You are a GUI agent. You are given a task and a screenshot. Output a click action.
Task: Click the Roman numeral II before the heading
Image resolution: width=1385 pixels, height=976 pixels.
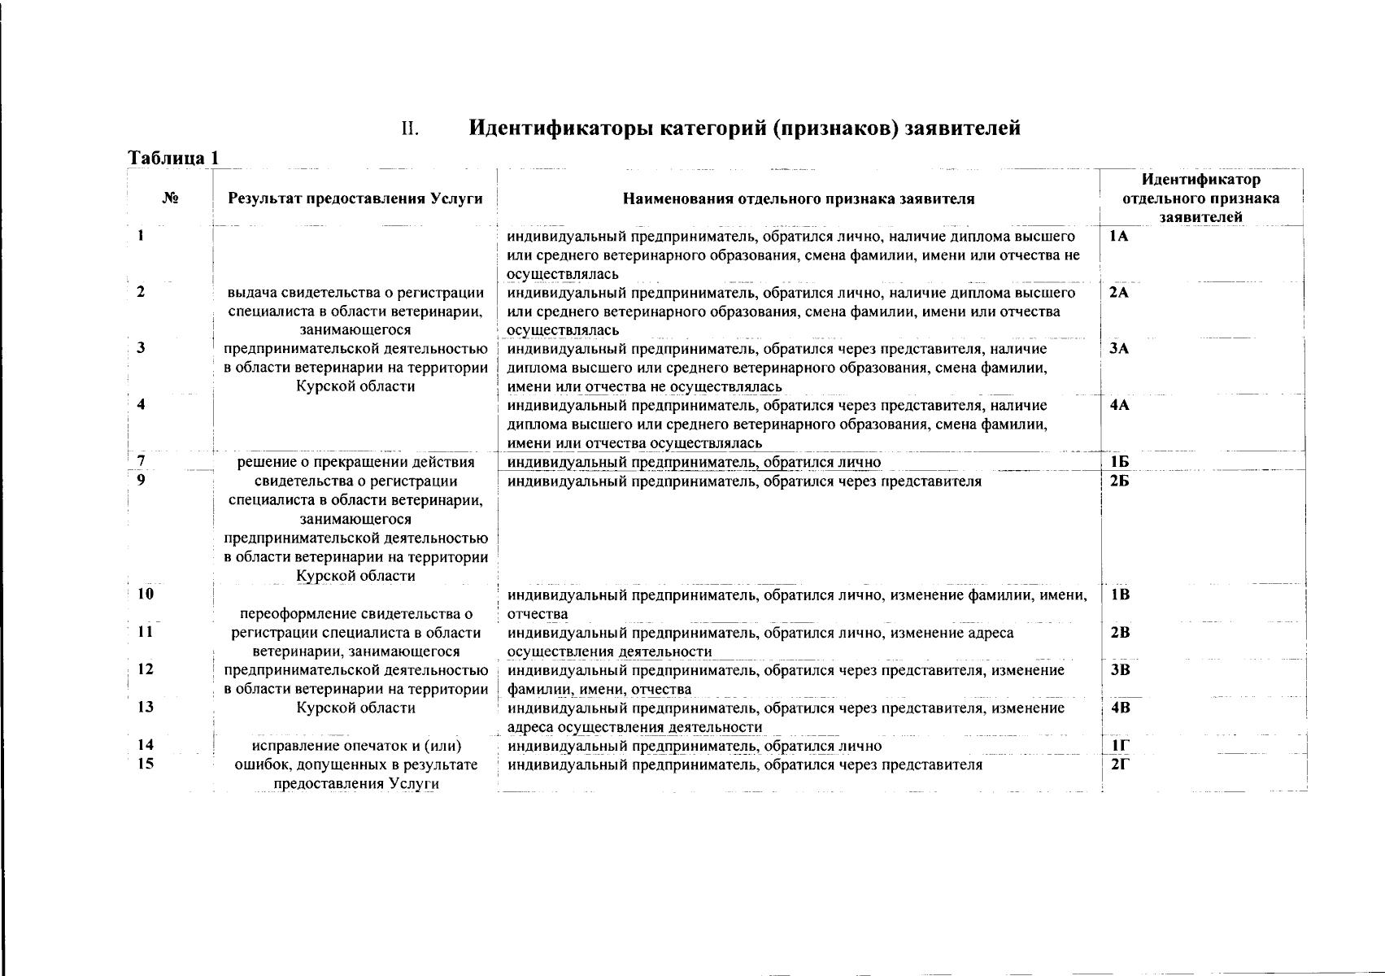point(410,129)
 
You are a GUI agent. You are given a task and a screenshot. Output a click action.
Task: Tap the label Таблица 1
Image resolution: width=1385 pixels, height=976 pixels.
point(173,158)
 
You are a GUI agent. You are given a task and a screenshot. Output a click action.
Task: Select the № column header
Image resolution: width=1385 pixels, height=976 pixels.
point(171,198)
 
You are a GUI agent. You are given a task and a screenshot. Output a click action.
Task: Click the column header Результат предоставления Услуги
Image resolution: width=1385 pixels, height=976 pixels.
point(355,198)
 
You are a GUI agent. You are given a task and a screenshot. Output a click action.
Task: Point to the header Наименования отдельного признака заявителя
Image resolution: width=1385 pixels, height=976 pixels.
point(799,198)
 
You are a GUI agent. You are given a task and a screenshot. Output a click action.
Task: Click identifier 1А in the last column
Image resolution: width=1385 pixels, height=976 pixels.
point(1118,236)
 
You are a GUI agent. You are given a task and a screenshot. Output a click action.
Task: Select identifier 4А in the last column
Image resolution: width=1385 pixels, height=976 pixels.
point(1119,405)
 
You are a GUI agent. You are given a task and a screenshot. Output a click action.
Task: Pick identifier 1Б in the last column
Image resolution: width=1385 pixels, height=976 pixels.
point(1118,462)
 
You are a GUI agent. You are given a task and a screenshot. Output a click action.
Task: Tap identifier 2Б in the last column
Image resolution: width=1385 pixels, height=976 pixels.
point(1119,481)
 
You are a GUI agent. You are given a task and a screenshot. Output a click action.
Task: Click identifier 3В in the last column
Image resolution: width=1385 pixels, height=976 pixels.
point(1120,670)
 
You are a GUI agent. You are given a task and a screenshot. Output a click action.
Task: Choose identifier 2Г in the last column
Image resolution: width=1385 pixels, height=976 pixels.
point(1119,765)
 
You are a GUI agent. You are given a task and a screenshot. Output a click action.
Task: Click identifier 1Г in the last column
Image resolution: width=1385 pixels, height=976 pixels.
point(1119,746)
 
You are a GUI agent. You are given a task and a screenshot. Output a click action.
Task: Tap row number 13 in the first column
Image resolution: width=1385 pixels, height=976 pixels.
point(146,707)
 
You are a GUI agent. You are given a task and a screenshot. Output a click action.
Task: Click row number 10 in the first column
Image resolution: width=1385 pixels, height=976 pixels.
point(146,594)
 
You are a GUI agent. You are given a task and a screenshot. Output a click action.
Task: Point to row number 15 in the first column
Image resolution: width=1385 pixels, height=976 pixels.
point(146,764)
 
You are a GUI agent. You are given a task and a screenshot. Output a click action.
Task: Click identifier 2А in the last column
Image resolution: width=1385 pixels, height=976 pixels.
point(1119,293)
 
